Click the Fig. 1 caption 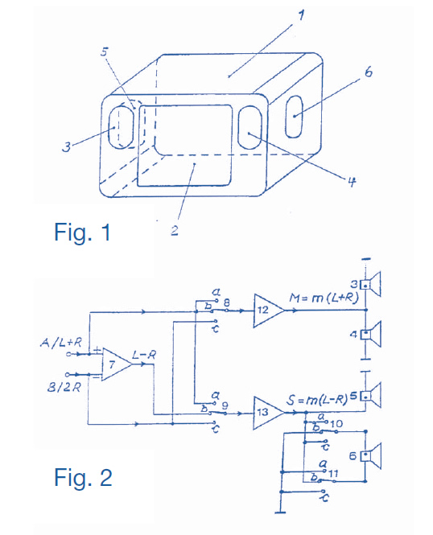click(82, 232)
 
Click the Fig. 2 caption click(83, 477)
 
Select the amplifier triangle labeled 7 click(117, 364)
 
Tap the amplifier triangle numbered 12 click(269, 311)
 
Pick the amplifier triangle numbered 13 click(269, 413)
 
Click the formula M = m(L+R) click(324, 298)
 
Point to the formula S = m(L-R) click(317, 399)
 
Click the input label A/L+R click(61, 342)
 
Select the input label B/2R click(64, 387)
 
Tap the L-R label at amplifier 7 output click(144, 355)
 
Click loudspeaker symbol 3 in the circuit click(370, 284)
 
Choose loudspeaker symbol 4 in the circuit click(370, 335)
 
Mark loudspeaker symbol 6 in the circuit click(371, 456)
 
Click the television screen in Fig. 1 click(184, 146)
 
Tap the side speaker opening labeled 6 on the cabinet click(294, 117)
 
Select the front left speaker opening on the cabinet click(121, 127)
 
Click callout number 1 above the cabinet click(301, 14)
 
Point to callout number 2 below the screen click(175, 231)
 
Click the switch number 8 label click(227, 302)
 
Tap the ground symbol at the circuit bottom click(280, 512)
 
